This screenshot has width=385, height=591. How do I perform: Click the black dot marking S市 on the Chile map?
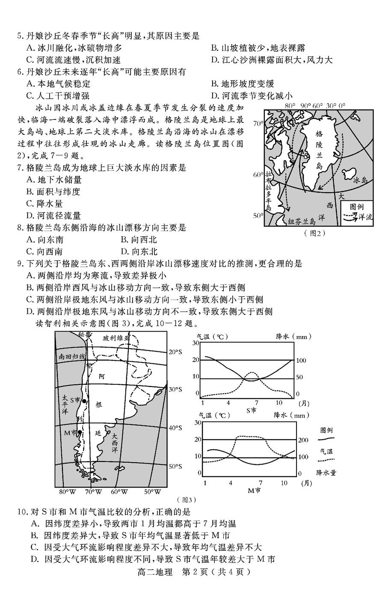pyautogui.click(x=85, y=401)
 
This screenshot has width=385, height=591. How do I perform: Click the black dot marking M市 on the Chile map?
pyautogui.click(x=80, y=433)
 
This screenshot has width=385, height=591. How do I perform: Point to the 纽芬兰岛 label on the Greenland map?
pyautogui.click(x=301, y=221)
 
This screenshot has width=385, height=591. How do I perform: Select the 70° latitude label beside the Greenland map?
pyautogui.click(x=258, y=124)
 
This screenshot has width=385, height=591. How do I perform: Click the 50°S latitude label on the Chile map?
pyautogui.click(x=175, y=466)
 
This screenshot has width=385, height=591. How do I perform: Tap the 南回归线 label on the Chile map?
pyautogui.click(x=71, y=356)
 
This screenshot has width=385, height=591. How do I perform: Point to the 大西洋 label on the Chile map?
pyautogui.click(x=115, y=445)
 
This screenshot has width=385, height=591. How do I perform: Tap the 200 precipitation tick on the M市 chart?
pyautogui.click(x=303, y=440)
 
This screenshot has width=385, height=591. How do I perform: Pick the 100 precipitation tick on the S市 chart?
pyautogui.click(x=301, y=361)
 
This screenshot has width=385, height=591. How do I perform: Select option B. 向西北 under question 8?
pyautogui.click(x=139, y=240)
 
